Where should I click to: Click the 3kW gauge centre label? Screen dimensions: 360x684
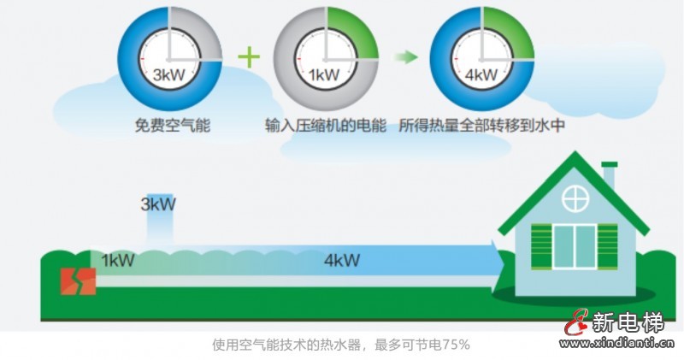(169, 74)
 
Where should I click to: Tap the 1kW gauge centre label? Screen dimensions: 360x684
(325, 74)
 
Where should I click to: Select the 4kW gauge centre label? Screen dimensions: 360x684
(481, 74)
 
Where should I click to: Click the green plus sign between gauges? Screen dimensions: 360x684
(248, 57)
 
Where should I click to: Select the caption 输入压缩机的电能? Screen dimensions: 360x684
(326, 126)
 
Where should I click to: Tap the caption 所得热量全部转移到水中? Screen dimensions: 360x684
(484, 126)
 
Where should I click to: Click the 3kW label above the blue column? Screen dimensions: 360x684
(158, 204)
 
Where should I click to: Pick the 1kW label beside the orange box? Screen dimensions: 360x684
(116, 260)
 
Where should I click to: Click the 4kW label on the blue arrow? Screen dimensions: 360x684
(342, 260)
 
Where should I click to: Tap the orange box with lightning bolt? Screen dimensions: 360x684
(77, 281)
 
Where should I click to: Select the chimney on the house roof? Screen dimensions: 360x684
(609, 174)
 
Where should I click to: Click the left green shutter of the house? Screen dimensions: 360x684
(540, 245)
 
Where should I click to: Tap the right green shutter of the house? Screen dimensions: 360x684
(607, 245)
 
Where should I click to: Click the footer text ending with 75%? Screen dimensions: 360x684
(341, 345)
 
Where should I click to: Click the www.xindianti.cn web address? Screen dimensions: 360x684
(621, 344)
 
